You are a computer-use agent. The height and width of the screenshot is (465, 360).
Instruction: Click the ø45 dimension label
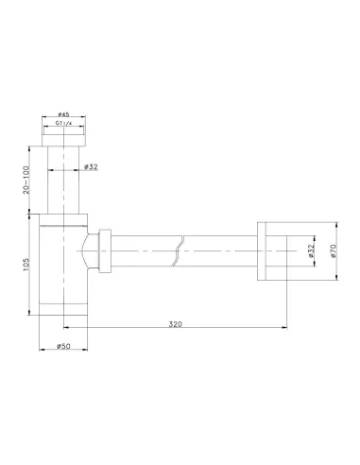point(63,114)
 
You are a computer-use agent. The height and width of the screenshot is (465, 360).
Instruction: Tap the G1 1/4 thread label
point(64,123)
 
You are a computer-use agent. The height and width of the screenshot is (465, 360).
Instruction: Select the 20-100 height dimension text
point(26,180)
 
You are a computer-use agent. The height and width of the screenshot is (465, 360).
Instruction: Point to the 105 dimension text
point(26,265)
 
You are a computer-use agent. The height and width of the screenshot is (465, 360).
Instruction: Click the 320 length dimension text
point(176,324)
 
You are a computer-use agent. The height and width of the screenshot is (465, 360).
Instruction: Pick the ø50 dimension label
point(63,346)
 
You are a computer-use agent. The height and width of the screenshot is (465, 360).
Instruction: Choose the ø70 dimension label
point(334,251)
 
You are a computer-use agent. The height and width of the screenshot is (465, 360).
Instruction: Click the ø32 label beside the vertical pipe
point(91,166)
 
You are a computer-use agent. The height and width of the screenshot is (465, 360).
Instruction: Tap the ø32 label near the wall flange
point(311,251)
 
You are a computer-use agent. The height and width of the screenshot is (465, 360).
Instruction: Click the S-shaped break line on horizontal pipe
point(179,251)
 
